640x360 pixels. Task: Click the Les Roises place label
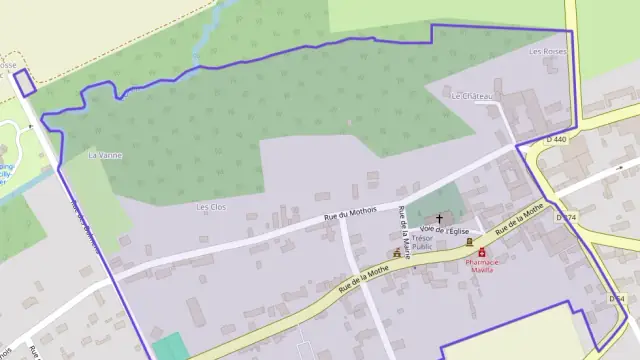(x=548, y=51)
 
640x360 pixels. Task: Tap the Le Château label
(x=472, y=96)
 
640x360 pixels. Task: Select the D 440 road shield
(x=555, y=140)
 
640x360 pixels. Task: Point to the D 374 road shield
(x=566, y=217)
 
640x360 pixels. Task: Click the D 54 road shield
(x=616, y=299)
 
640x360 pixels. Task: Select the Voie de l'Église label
(x=445, y=231)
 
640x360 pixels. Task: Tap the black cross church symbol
(x=439, y=217)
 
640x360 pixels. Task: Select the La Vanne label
(x=104, y=155)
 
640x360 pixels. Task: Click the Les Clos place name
(x=212, y=207)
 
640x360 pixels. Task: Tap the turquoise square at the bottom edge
(x=171, y=346)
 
